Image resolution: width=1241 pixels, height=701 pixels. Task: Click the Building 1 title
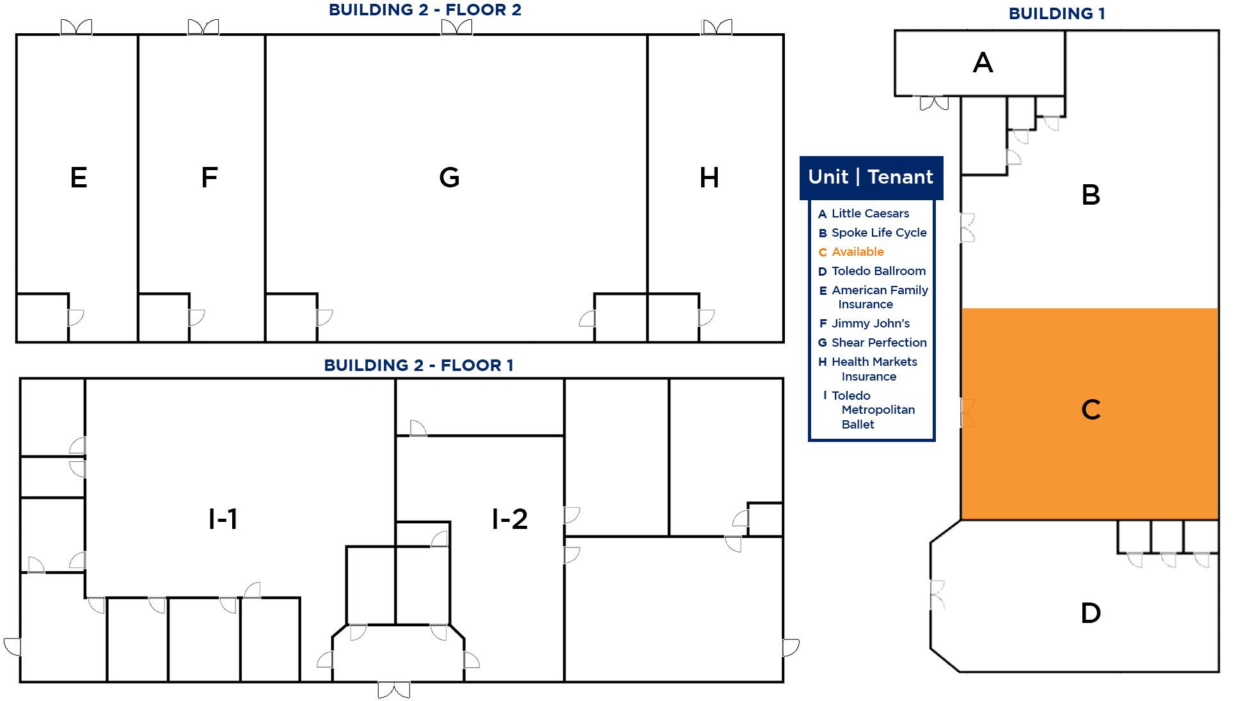click(1057, 13)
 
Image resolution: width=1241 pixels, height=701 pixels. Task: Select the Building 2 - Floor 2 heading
click(425, 10)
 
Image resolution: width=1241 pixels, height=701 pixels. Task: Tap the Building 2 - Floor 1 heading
click(418, 365)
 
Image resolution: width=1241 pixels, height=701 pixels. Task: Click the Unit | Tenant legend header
click(871, 177)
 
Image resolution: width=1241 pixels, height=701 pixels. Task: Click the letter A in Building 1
click(983, 63)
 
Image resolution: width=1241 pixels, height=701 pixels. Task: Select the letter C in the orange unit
click(1091, 409)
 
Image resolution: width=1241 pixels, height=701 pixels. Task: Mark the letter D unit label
click(1091, 613)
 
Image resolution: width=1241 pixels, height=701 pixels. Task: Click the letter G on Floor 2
click(449, 177)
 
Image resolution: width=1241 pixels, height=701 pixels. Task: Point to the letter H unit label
click(709, 177)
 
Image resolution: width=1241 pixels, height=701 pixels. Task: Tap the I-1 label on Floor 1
click(223, 519)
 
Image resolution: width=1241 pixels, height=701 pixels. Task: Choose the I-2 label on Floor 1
click(510, 519)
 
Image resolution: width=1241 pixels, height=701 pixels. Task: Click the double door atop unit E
click(76, 28)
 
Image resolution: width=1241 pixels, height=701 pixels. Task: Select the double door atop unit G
click(457, 28)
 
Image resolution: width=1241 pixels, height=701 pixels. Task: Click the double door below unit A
click(934, 103)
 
